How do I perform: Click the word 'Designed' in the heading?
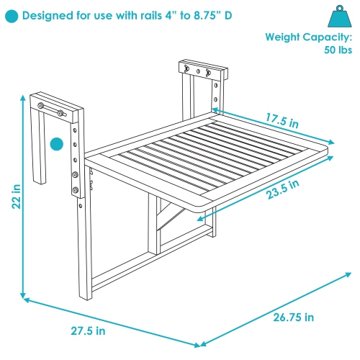click(52, 14)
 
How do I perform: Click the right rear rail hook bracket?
click(203, 72)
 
